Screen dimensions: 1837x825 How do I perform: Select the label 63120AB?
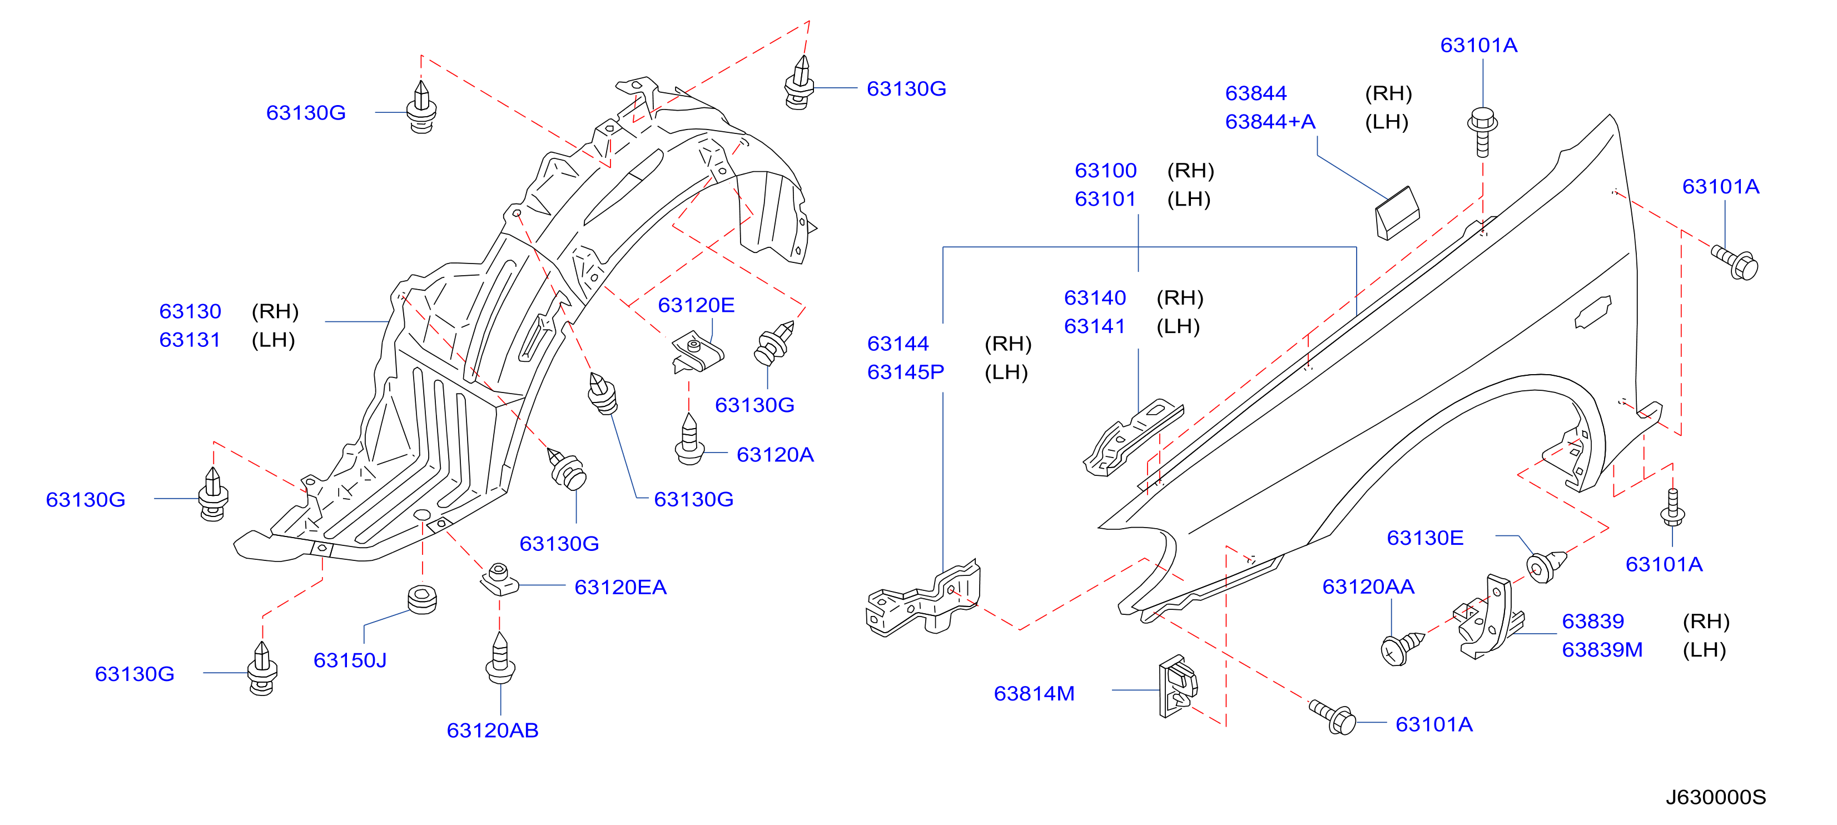point(492,730)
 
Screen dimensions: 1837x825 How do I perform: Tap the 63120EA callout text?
point(620,587)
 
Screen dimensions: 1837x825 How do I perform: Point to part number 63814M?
point(1034,693)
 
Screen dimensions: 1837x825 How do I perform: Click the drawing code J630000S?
point(1716,797)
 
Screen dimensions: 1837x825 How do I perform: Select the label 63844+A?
point(1270,121)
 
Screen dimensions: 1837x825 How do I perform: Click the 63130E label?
point(1425,537)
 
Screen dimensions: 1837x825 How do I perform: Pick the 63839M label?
point(1602,649)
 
